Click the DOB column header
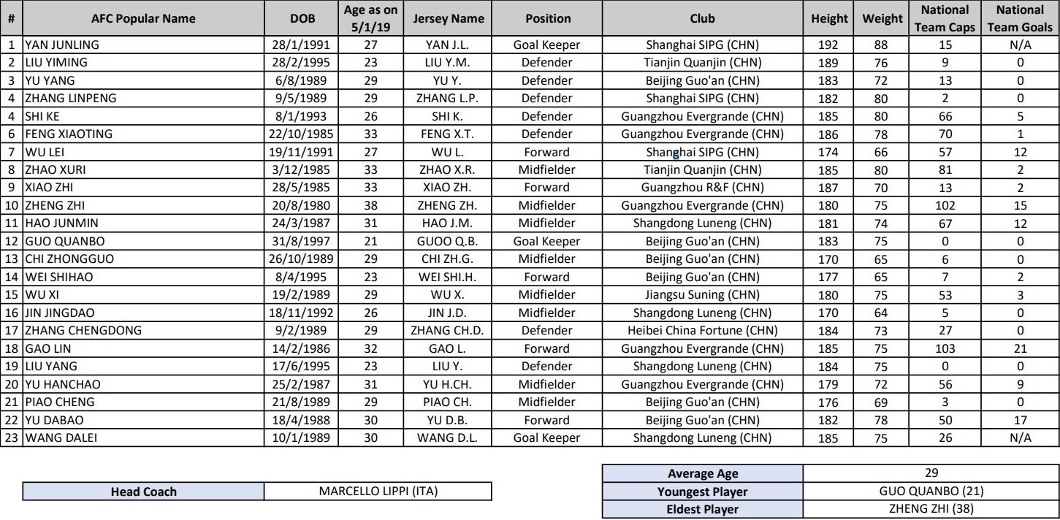[302, 18]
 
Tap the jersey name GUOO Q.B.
[447, 241]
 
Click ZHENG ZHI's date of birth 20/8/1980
[302, 205]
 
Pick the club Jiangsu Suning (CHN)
[702, 295]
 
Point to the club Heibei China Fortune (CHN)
[702, 331]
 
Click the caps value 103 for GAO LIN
[945, 348]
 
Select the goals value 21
[1020, 348]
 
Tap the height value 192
[828, 45]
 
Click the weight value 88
[881, 45]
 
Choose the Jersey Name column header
[447, 18]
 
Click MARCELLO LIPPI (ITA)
[378, 492]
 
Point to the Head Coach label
[143, 492]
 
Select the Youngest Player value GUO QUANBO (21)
[930, 492]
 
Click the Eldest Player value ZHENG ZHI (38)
[930, 509]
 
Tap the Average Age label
[702, 473]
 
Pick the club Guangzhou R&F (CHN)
[702, 187]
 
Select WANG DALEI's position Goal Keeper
[546, 437]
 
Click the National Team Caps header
[945, 18]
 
